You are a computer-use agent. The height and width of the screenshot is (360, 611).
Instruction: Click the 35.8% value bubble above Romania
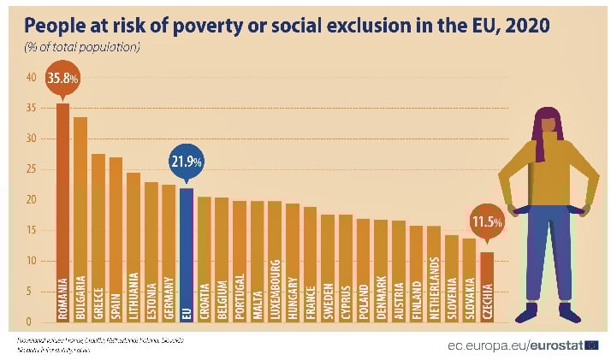pos(62,78)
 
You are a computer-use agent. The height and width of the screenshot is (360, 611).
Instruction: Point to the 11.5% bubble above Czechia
pos(486,221)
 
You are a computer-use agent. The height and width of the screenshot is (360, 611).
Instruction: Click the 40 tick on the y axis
pos(30,77)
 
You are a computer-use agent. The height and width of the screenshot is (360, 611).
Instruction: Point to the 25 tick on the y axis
pos(30,168)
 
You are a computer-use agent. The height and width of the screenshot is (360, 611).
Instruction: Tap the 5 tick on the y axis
pos(33,292)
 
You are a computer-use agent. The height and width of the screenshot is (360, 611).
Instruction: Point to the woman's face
pos(547,127)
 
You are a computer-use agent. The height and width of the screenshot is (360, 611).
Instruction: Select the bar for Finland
pos(416,274)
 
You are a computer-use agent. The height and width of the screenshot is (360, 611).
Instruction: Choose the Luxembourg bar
pos(275,261)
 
